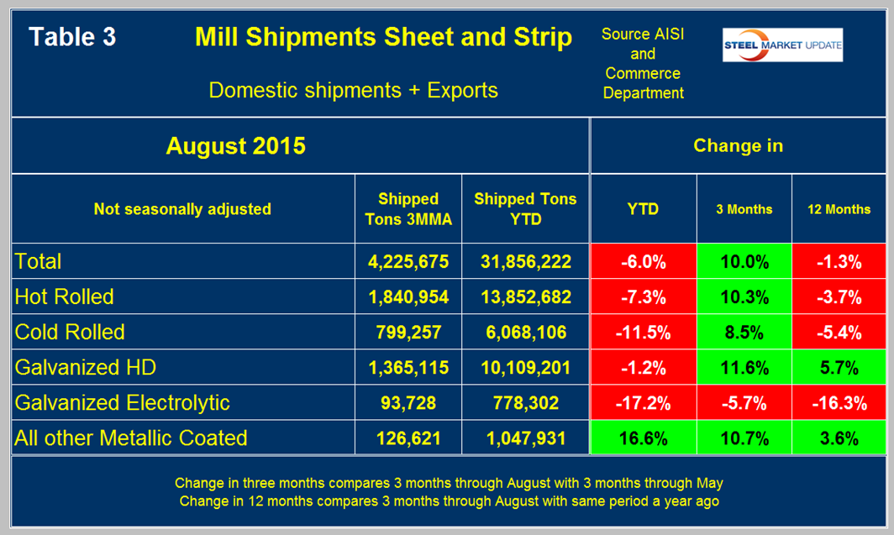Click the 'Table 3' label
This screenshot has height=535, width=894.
point(72,38)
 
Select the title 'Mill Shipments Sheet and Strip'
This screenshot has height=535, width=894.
point(383,38)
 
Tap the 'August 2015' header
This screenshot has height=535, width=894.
point(235,146)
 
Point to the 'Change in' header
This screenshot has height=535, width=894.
point(739,146)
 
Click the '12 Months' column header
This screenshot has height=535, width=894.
point(839,209)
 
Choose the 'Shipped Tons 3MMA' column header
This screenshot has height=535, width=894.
point(408,209)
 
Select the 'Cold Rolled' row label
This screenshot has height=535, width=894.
point(70,332)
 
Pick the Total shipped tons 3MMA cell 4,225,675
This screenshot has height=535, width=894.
point(408,261)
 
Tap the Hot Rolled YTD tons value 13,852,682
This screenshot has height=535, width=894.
point(523,296)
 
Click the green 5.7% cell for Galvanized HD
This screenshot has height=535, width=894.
point(839,367)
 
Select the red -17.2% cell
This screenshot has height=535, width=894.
point(643,402)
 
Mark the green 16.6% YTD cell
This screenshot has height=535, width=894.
point(643,438)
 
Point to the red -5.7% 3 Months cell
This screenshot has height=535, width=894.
point(744,402)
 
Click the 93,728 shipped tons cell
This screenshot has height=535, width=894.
point(408,402)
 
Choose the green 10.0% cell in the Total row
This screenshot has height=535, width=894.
point(744,261)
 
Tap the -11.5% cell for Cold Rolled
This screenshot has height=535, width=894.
point(643,332)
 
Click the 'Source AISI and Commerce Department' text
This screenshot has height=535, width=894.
point(643,64)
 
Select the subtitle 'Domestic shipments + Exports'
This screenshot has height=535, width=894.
point(353,90)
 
